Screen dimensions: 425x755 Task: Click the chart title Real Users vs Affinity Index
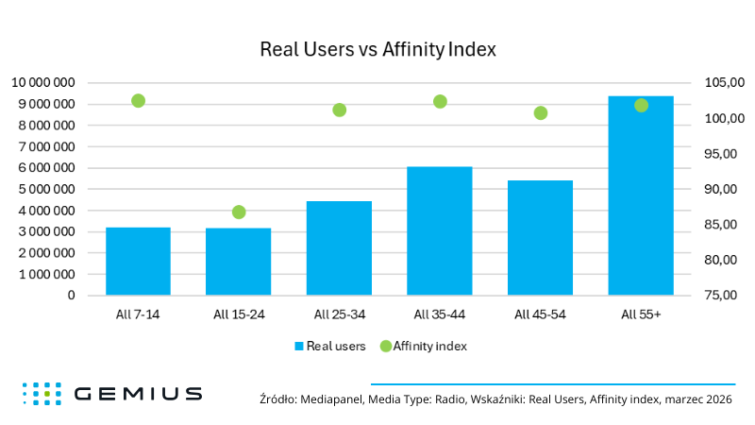click(377, 48)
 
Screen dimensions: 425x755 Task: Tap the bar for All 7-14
click(138, 261)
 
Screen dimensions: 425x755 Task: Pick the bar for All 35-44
click(440, 230)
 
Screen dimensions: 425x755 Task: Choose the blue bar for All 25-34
click(339, 247)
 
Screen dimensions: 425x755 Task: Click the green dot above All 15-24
click(239, 212)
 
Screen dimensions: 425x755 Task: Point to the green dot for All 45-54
click(541, 113)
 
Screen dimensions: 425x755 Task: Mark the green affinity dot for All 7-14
click(138, 101)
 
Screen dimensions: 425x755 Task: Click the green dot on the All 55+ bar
click(642, 106)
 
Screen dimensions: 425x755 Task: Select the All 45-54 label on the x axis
click(540, 314)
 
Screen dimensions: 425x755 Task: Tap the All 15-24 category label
click(238, 314)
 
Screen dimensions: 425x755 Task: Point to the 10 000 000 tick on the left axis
click(43, 83)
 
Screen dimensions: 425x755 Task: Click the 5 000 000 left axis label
click(46, 189)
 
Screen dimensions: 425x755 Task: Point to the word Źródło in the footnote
click(277, 399)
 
